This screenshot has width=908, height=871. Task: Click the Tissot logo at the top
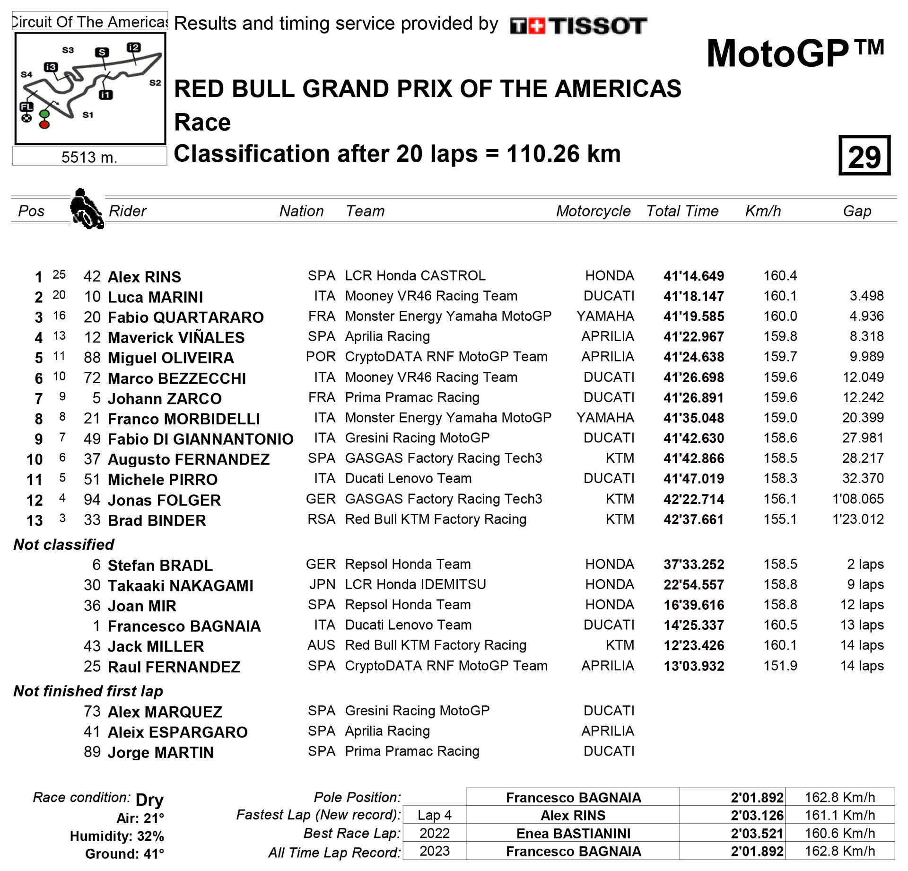(578, 26)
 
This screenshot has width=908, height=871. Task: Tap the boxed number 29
(864, 156)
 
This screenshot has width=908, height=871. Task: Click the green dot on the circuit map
(44, 114)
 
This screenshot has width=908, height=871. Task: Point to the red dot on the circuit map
(44, 125)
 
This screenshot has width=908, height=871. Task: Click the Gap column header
(856, 211)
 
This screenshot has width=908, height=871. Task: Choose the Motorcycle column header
(593, 211)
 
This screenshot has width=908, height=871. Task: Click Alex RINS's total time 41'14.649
(693, 276)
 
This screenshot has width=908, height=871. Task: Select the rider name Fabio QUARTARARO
(185, 317)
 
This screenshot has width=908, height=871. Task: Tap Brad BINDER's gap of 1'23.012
(857, 519)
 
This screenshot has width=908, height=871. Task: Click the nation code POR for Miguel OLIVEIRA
(321, 357)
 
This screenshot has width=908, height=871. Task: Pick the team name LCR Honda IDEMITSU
(415, 585)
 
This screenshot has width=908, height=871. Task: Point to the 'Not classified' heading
(64, 545)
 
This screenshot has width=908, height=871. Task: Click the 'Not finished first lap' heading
(88, 691)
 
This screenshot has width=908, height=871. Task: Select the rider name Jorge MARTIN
(160, 753)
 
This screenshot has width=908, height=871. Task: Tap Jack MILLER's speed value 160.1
(780, 645)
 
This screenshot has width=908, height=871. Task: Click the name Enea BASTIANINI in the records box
(573, 834)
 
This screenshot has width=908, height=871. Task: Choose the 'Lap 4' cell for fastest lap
(434, 815)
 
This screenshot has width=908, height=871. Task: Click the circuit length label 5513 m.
(89, 157)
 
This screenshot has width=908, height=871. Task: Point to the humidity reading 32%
(150, 836)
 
